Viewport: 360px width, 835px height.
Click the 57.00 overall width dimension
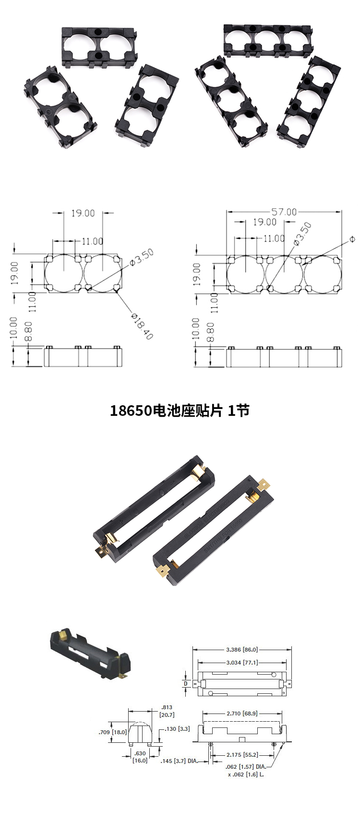284,212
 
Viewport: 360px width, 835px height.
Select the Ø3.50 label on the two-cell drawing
143,257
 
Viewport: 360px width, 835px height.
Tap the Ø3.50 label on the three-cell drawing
302,233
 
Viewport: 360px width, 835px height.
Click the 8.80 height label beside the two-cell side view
28,332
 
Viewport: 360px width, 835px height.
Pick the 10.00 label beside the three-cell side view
195,328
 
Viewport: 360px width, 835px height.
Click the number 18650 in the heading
131,411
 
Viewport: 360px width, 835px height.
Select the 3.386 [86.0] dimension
242,650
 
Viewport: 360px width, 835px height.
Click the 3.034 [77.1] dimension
242,662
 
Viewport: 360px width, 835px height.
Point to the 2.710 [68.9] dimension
242,714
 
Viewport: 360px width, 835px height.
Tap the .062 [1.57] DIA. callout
245,767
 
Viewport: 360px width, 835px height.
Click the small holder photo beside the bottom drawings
90,654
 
